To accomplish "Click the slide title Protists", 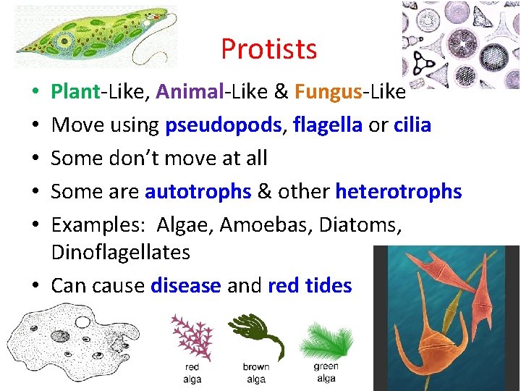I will click(x=268, y=49).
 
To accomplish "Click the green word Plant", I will click(x=75, y=92).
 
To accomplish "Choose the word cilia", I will click(x=412, y=125).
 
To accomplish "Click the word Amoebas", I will click(x=265, y=224).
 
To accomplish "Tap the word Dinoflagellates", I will click(x=120, y=253).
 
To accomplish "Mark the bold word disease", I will click(x=185, y=285).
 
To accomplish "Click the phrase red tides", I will click(x=310, y=285).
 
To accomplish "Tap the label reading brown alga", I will click(x=255, y=372).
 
